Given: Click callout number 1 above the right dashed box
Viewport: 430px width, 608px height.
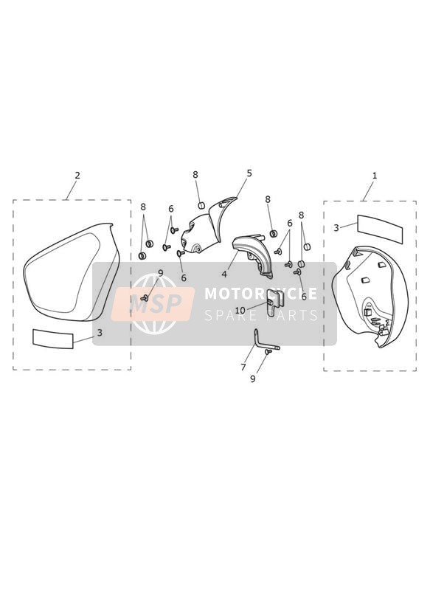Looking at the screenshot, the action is tap(374, 176).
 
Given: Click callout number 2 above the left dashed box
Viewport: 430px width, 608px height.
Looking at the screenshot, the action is tap(77, 176).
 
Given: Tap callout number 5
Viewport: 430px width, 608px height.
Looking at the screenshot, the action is tap(249, 173).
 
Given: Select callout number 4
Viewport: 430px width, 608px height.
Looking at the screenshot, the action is tap(224, 274).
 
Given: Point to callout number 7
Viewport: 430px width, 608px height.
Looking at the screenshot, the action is tap(243, 367).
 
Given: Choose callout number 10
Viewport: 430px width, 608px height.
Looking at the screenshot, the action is tap(240, 311).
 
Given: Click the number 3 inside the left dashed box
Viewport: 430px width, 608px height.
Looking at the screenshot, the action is tap(100, 333).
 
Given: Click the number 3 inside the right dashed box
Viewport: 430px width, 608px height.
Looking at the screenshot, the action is tap(336, 227).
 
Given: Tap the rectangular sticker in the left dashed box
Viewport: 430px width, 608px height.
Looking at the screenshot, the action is tap(52, 339).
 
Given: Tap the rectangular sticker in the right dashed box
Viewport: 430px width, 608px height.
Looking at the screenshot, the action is tap(380, 229).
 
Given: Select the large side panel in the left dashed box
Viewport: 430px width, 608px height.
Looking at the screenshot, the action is tap(70, 272).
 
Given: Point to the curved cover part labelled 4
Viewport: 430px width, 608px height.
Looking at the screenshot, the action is tap(252, 256).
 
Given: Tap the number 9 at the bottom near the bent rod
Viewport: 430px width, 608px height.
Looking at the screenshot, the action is tap(252, 379).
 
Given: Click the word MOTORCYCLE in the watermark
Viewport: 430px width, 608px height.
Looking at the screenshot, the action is tap(260, 294).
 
